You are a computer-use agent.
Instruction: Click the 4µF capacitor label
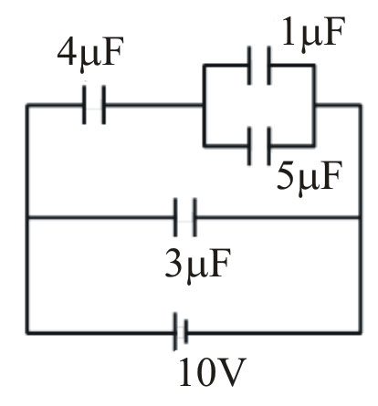[x=90, y=54]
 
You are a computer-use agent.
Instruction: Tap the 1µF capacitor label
[x=313, y=34]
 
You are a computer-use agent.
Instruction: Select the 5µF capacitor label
[x=308, y=179]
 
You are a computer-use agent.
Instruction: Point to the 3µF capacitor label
[x=197, y=266]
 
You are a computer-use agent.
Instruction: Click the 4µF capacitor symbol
[x=94, y=105]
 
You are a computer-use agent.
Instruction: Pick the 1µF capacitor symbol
[x=259, y=65]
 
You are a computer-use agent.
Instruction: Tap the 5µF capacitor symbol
[x=259, y=146]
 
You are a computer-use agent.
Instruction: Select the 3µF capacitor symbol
[x=185, y=217]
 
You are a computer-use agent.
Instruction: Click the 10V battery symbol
[x=181, y=331]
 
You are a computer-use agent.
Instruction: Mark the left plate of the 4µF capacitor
[x=84, y=105]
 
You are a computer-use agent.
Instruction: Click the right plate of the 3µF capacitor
[x=194, y=217]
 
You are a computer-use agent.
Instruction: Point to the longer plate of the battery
[x=175, y=331]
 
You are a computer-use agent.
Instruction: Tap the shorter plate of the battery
[x=186, y=331]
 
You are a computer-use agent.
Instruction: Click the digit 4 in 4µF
[x=68, y=52]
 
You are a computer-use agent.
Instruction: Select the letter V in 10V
[x=232, y=372]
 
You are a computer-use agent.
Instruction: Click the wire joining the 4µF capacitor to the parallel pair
[x=154, y=105]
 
